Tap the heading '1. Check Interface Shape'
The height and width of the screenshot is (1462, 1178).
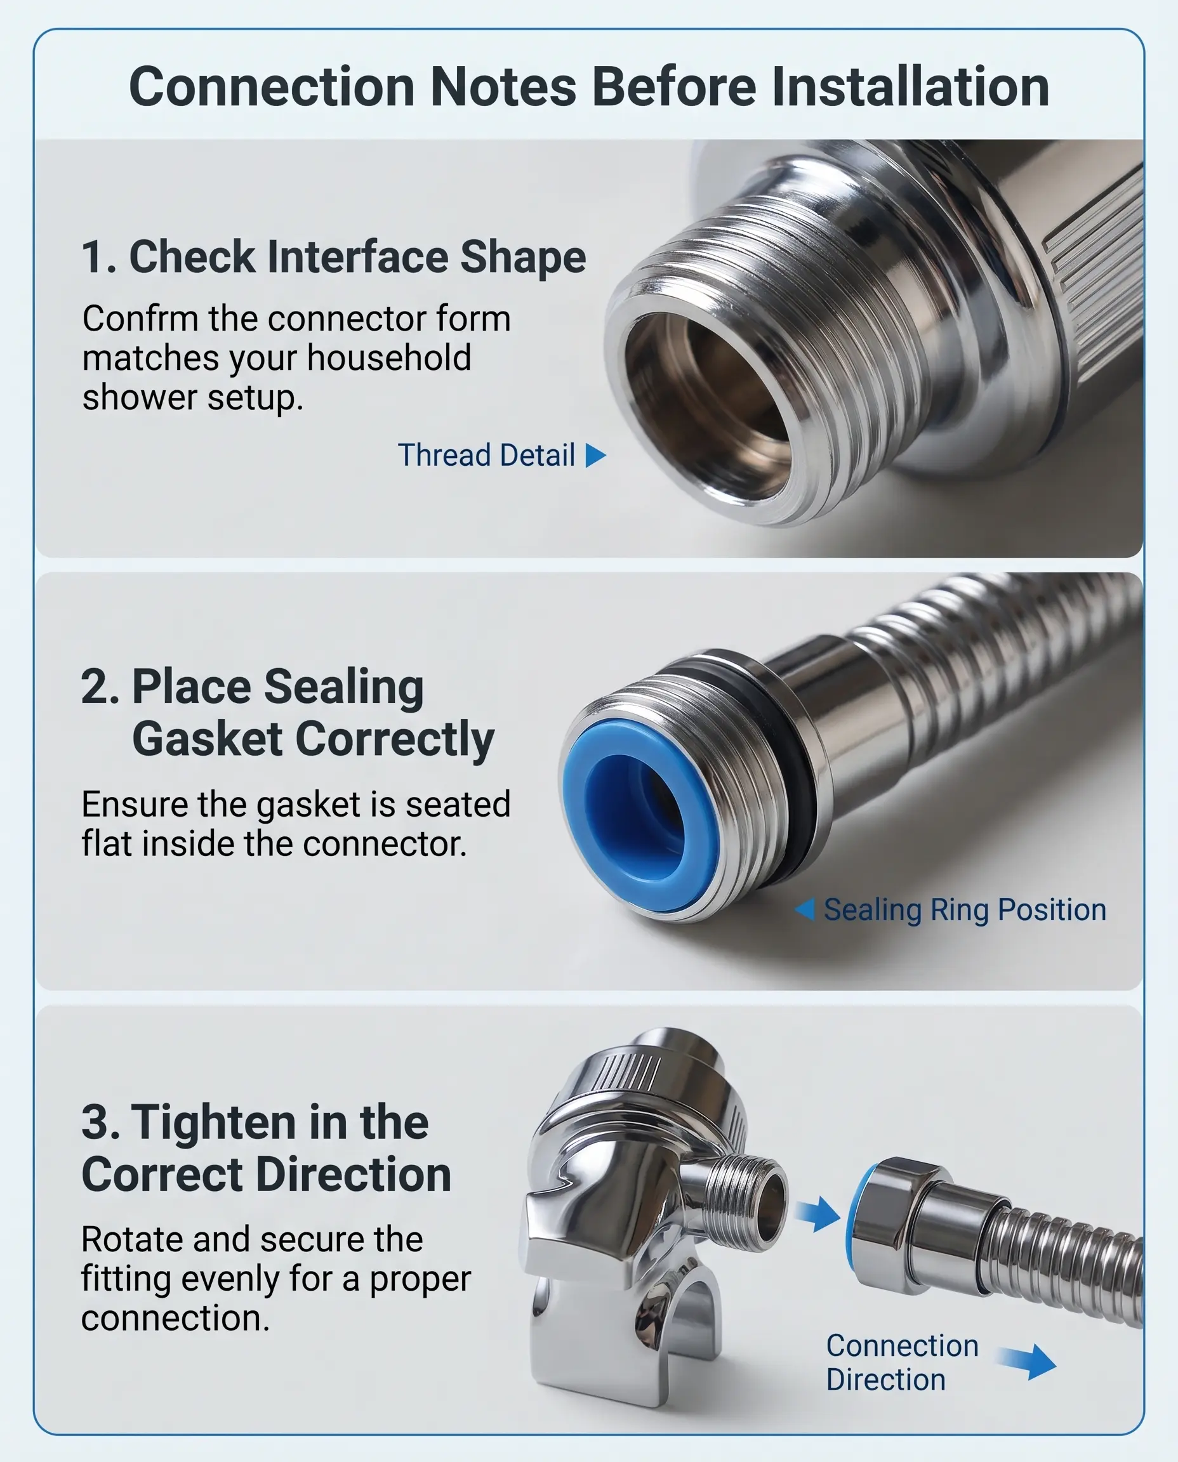[x=334, y=257]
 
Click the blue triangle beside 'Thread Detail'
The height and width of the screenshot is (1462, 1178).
[x=595, y=455]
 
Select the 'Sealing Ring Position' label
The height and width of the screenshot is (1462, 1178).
[x=965, y=910]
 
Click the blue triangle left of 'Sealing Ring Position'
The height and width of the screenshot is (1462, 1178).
[x=805, y=909]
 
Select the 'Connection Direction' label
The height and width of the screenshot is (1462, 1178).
[x=903, y=1363]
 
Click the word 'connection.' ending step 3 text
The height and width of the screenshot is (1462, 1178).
[x=175, y=1318]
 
